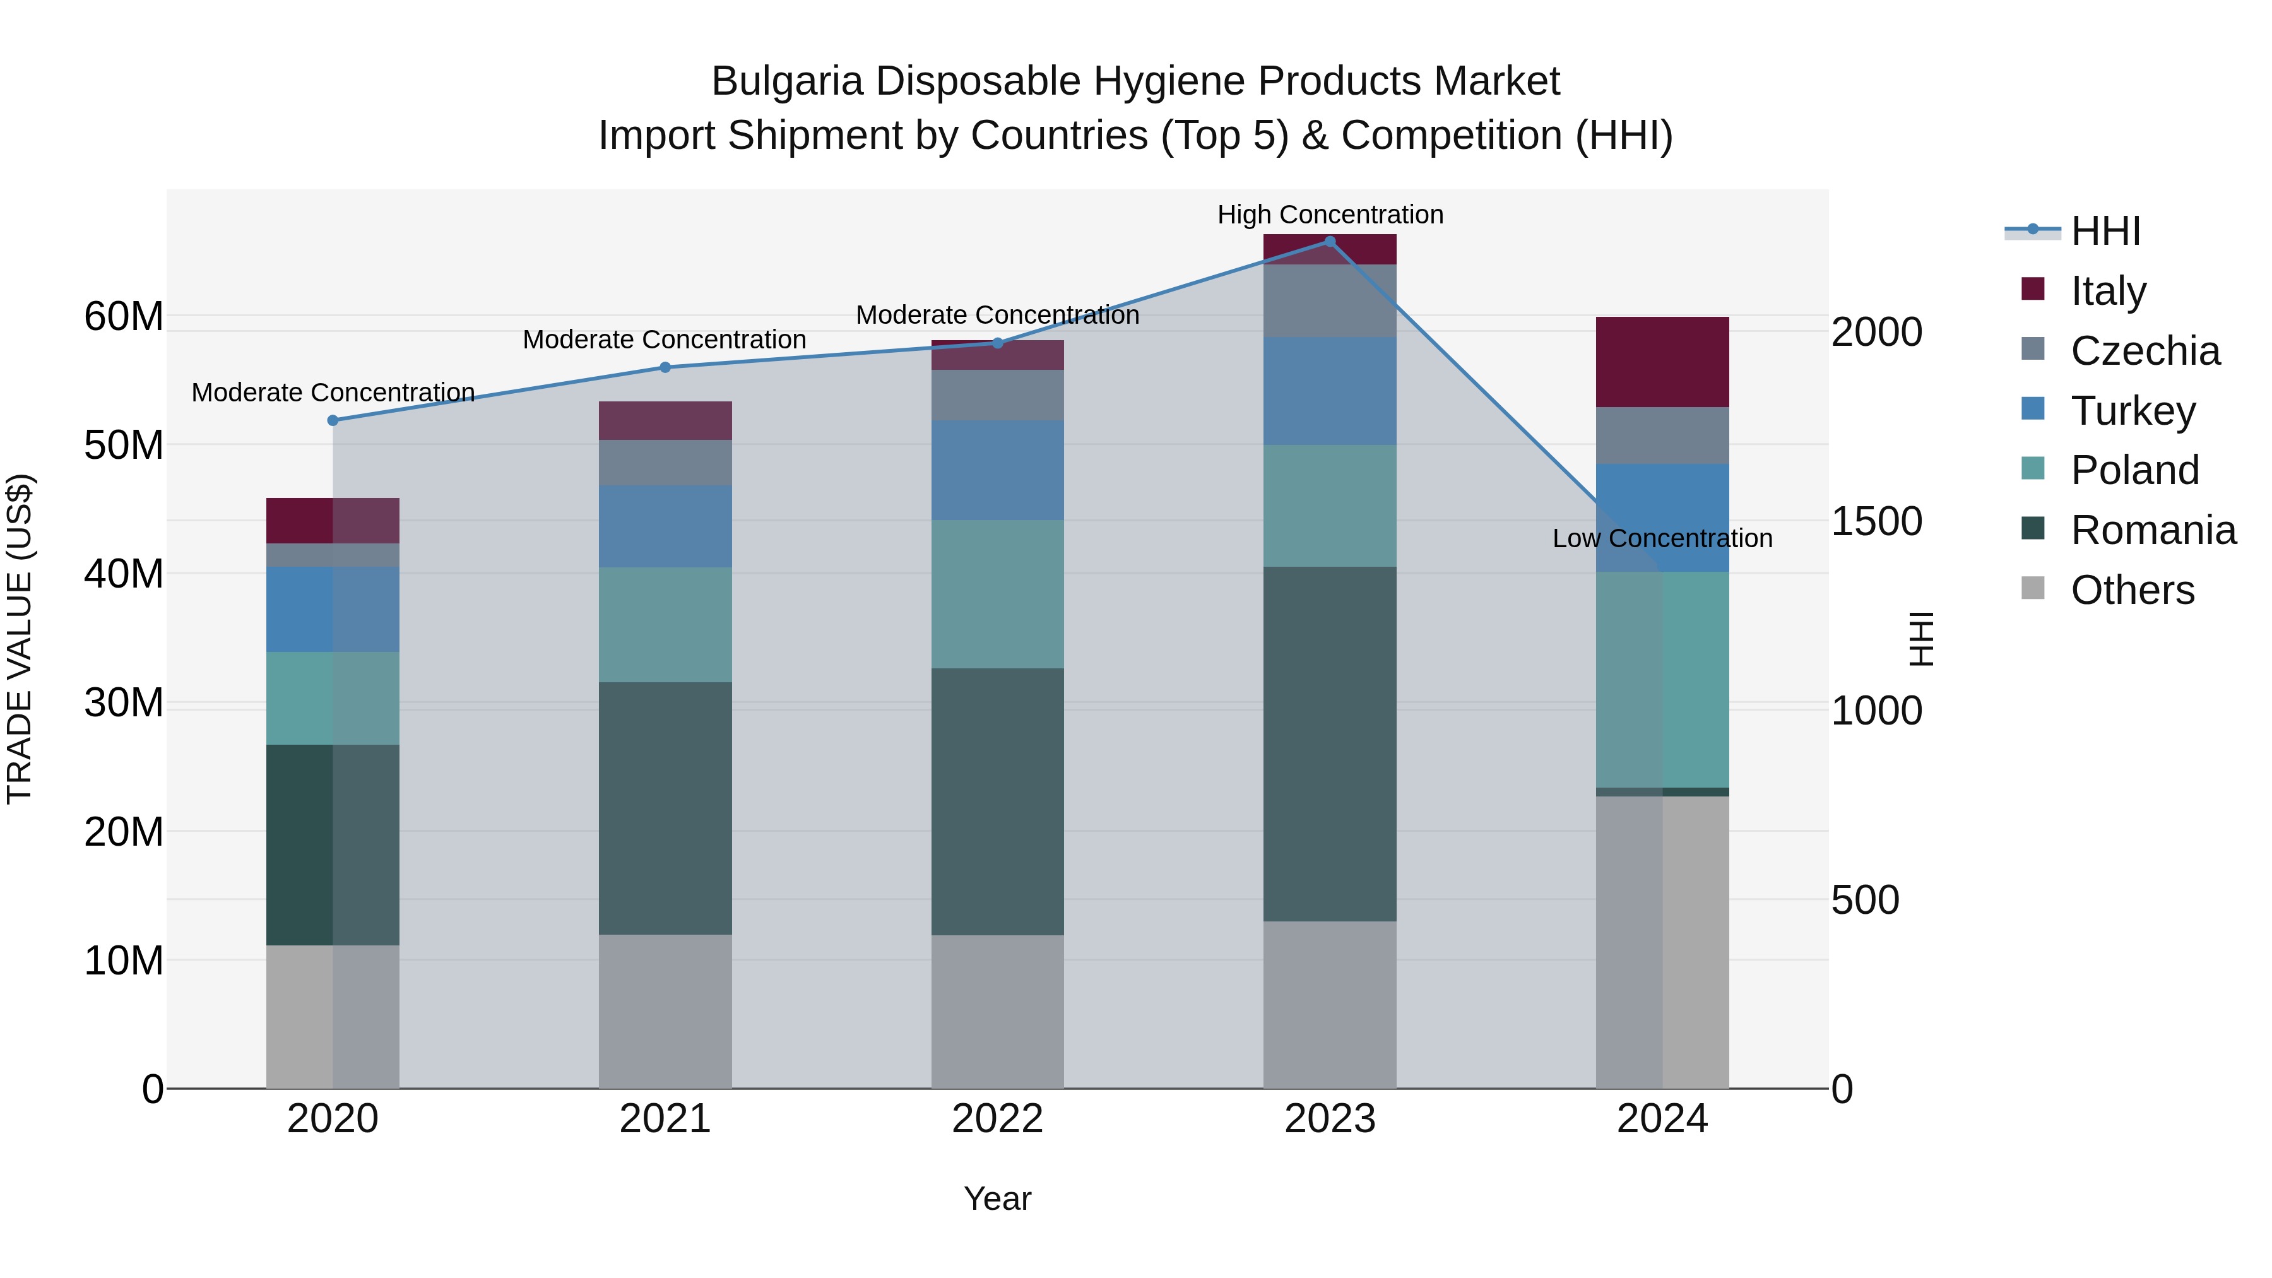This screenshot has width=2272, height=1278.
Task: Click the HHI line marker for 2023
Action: point(1330,241)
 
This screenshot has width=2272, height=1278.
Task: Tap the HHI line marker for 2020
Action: point(333,421)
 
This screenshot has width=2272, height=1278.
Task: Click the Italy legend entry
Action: point(2107,290)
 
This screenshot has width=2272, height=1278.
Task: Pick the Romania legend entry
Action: point(2152,530)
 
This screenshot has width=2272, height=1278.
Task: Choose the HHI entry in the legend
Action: point(2104,231)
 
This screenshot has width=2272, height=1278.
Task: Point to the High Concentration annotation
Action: point(1330,215)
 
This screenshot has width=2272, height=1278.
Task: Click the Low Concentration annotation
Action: point(1662,538)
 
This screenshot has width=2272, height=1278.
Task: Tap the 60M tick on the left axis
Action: point(124,316)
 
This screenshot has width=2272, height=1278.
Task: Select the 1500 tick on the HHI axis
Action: point(1876,521)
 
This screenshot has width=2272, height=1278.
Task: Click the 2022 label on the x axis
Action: point(998,1119)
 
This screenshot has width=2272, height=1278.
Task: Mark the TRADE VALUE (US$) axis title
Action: point(20,639)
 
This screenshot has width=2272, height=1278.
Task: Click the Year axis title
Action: point(998,1198)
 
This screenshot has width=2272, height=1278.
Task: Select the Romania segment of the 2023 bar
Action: point(1330,743)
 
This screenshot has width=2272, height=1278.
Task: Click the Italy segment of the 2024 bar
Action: point(1662,362)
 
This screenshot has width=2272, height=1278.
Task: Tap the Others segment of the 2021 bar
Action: point(665,1011)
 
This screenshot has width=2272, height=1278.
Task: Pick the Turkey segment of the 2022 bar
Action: point(998,470)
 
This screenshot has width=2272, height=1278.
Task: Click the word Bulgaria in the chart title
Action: point(787,81)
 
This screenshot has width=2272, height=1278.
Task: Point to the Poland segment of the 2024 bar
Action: point(1662,679)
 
